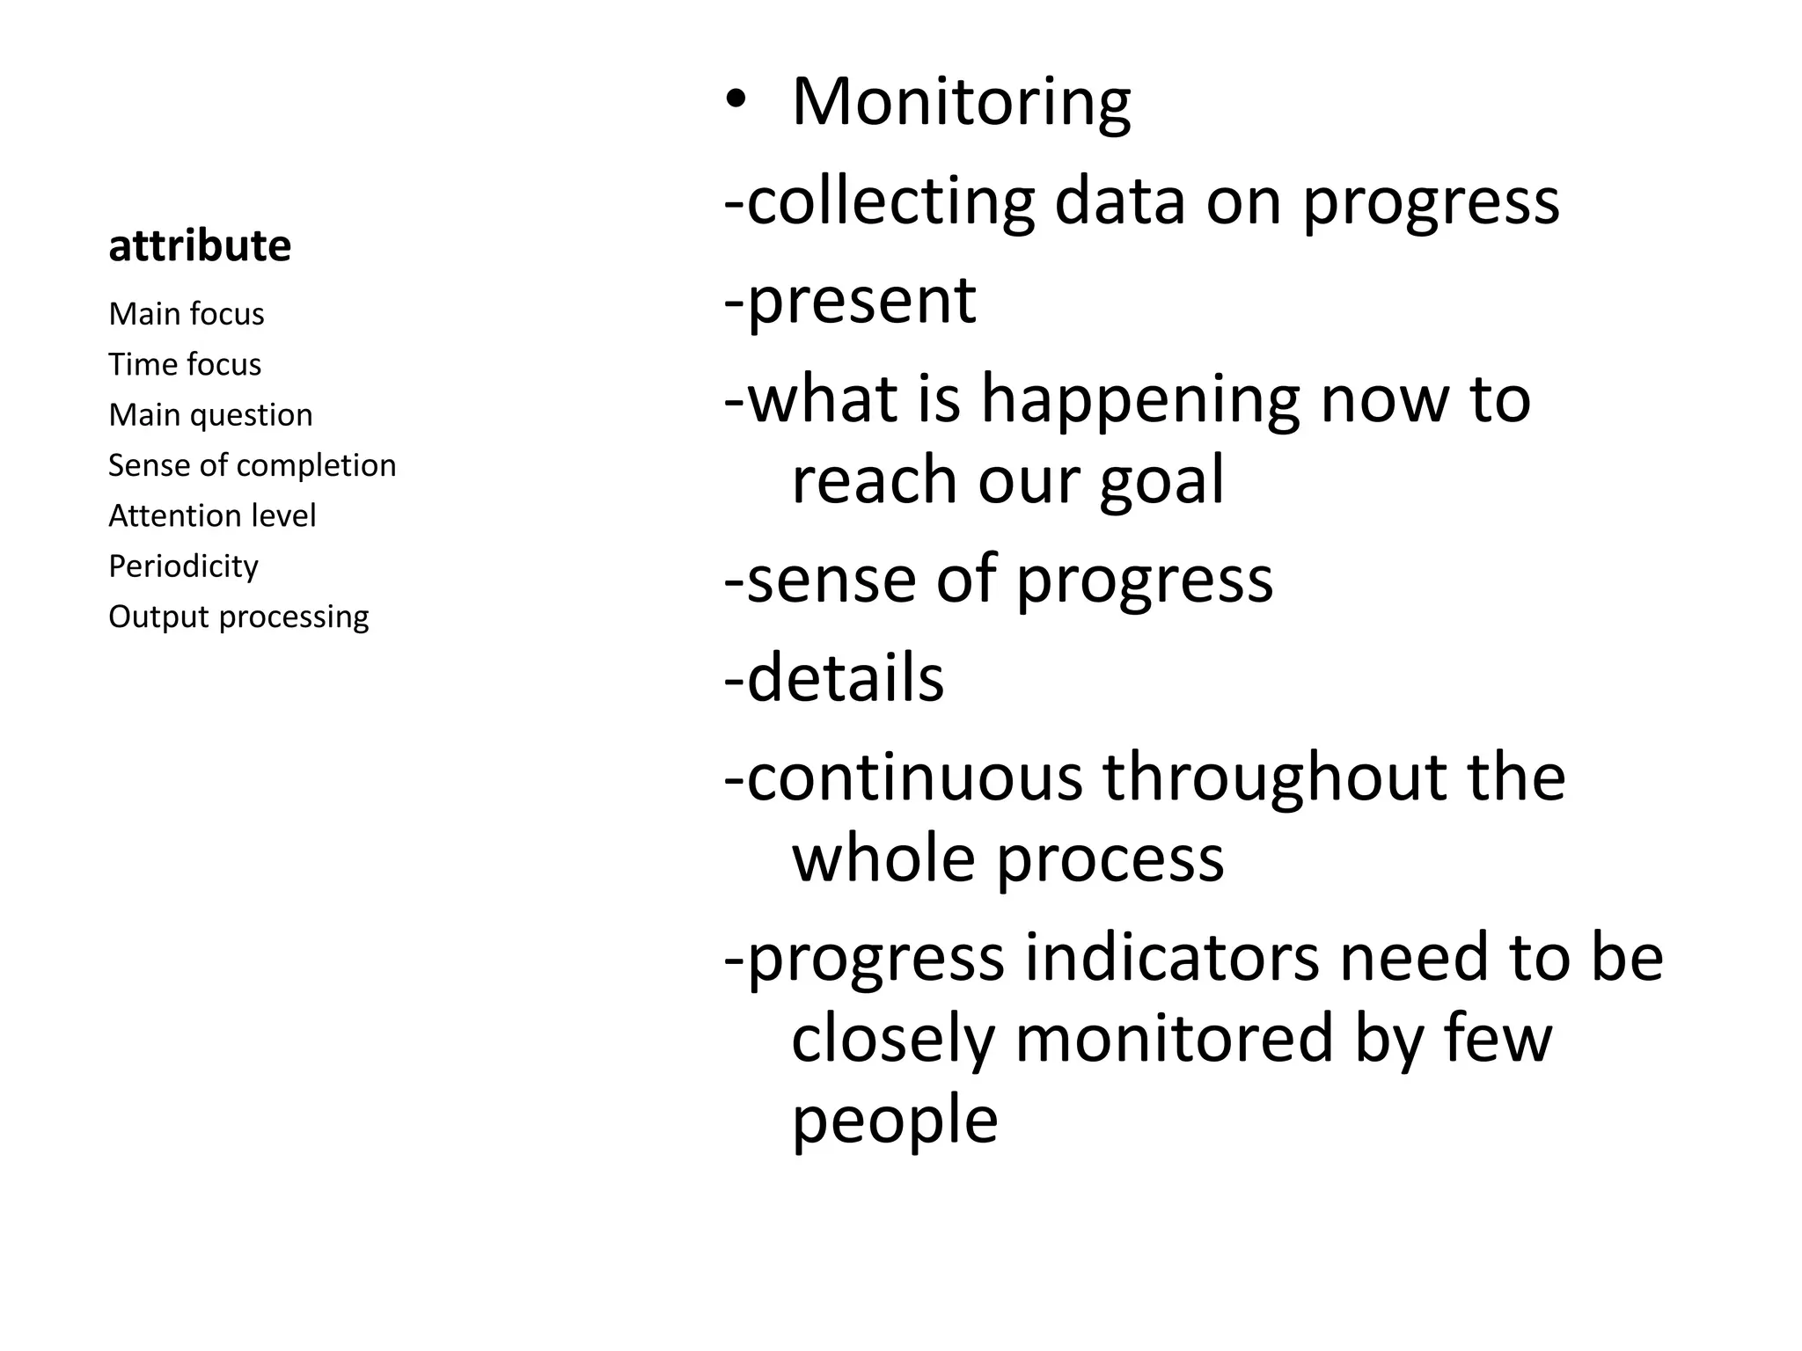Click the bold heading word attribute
[x=200, y=246]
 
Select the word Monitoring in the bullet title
[x=961, y=104]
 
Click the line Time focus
[x=185, y=364]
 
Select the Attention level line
[x=212, y=515]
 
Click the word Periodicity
[x=183, y=566]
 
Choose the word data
[x=1119, y=202]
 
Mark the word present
[x=861, y=302]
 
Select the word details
[x=845, y=678]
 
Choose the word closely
[x=892, y=1040]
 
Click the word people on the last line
[x=895, y=1121]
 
